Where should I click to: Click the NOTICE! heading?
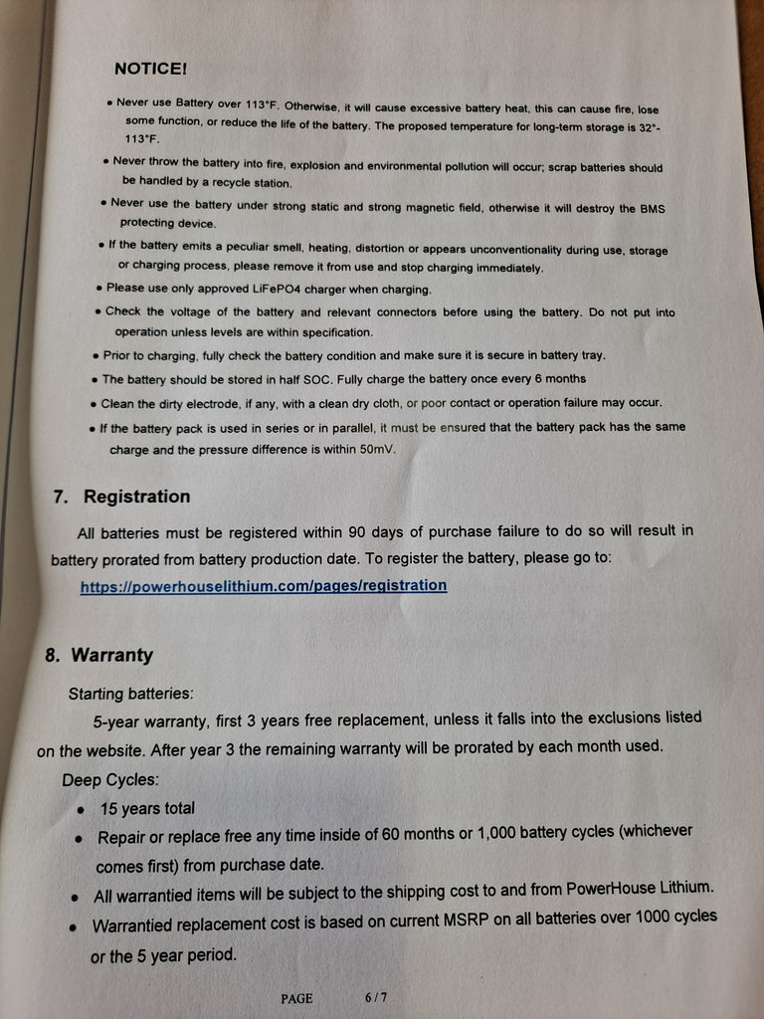(150, 69)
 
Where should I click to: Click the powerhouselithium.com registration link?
(264, 585)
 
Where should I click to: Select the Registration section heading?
(136, 497)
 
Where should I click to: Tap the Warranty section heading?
(111, 655)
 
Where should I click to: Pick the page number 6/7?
(375, 996)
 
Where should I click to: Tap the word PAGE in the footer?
(296, 997)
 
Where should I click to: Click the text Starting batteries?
(130, 693)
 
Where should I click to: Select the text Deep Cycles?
(110, 778)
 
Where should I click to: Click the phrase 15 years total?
(147, 809)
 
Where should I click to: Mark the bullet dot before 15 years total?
(80, 810)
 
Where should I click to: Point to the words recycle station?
(248, 184)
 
